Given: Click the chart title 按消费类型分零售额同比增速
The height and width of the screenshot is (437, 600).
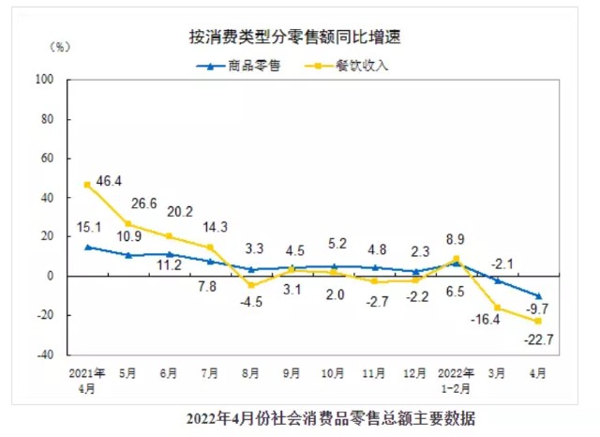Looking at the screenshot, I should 301,38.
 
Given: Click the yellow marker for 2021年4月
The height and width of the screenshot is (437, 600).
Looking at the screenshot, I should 87,185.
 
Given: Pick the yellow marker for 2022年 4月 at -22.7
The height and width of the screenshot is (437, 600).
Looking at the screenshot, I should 539,321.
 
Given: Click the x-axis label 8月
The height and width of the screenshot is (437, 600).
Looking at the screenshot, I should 251,373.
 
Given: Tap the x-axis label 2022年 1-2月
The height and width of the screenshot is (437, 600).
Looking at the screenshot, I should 457,379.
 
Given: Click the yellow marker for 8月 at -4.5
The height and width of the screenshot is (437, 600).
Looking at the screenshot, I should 251,284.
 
